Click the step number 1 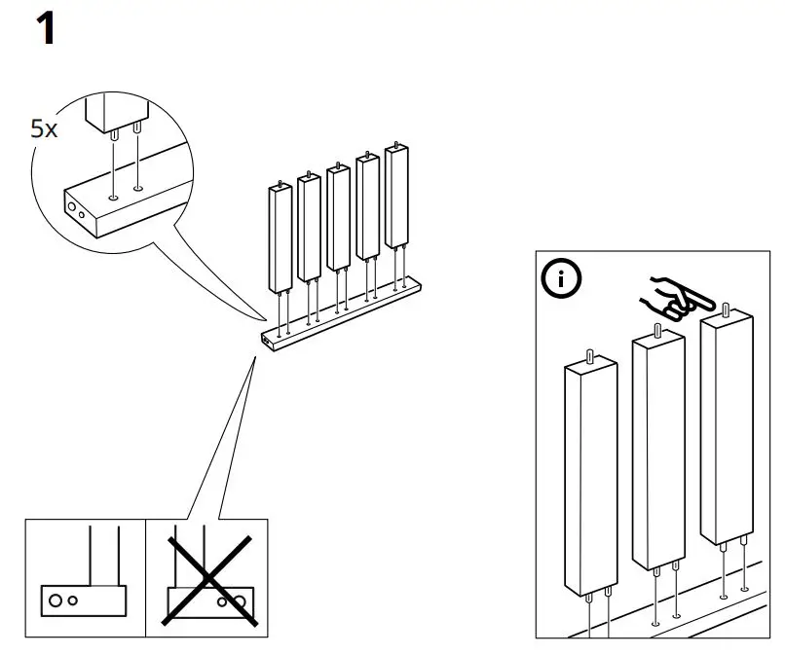(x=45, y=29)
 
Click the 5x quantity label (x=44, y=128)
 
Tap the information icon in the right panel (x=560, y=280)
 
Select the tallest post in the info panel (x=727, y=428)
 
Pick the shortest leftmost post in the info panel (x=590, y=477)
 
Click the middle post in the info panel (x=658, y=453)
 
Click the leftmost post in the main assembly (x=280, y=238)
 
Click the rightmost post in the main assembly (x=396, y=195)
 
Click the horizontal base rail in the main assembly (x=341, y=312)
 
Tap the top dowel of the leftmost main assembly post (x=281, y=182)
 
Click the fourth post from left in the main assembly (x=367, y=206)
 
